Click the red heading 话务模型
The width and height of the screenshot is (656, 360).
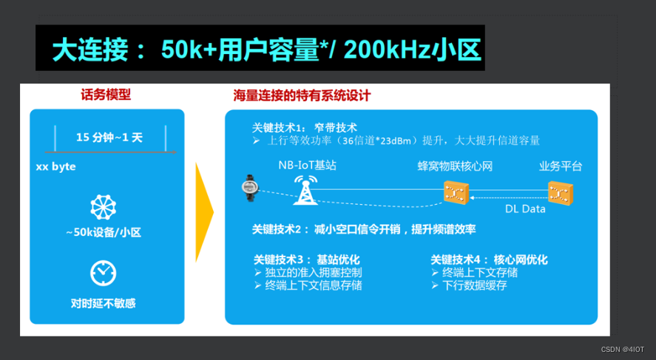coord(106,95)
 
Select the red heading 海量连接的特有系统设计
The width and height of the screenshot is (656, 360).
coord(302,95)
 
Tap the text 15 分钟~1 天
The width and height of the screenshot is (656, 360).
coord(109,137)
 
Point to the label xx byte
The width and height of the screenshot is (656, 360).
coord(55,167)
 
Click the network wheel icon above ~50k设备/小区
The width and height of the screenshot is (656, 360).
coord(103,207)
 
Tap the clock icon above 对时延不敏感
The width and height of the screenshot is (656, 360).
coord(103,273)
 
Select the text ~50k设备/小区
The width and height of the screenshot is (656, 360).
coord(103,233)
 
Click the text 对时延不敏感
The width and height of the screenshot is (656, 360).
coord(103,303)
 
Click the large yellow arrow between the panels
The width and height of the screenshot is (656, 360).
coord(204,212)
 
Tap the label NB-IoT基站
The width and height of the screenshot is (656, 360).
coord(307,166)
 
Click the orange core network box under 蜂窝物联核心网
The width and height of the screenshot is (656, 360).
coord(453,193)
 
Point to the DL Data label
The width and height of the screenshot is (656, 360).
coord(525,209)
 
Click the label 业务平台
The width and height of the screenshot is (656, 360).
coord(560,166)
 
